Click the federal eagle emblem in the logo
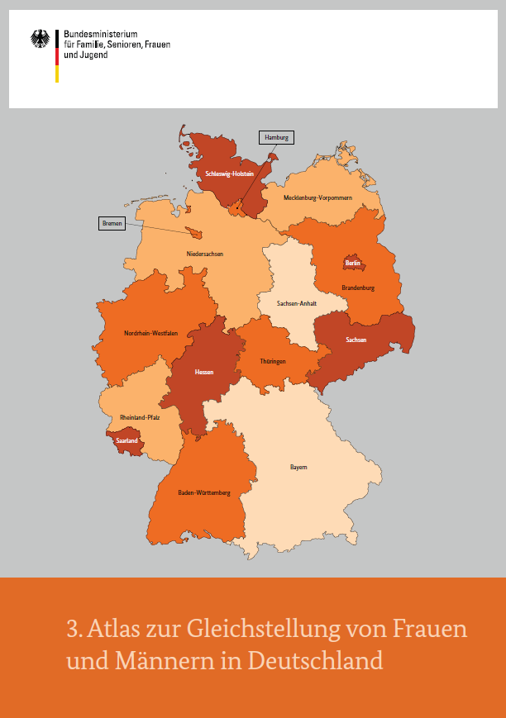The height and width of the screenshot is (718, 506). [40, 39]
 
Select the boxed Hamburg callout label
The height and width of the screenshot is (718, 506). [277, 138]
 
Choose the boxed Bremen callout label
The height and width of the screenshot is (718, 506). [112, 223]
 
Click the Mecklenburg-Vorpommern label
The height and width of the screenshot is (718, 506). [318, 198]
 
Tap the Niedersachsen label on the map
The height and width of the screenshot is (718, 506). [205, 254]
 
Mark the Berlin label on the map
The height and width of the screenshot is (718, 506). [354, 264]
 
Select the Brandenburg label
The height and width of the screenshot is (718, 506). [358, 288]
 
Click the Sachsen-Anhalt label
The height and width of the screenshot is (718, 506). [297, 303]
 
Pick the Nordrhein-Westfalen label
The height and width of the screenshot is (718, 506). [151, 333]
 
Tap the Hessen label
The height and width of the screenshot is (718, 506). [204, 372]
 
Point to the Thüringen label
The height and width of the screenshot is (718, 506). [273, 361]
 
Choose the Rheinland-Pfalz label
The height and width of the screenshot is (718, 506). [140, 417]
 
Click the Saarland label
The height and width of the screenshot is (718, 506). [127, 441]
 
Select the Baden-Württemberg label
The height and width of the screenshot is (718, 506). [204, 492]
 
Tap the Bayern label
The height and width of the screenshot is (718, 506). [298, 467]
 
